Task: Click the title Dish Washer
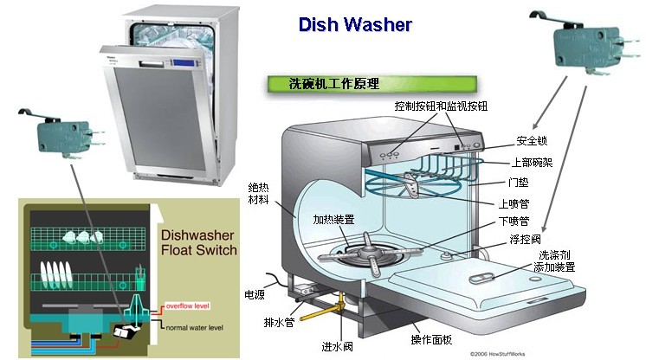354,23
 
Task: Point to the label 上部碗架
536,162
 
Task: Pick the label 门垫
518,183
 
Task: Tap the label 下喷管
514,222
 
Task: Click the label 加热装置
333,220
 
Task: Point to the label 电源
255,294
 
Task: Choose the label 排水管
280,323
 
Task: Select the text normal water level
196,327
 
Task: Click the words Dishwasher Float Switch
197,241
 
